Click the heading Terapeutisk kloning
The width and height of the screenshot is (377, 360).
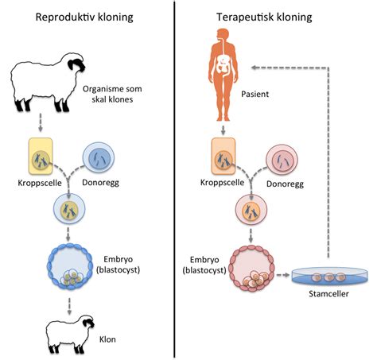275,17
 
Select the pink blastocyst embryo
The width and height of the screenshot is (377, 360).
253,271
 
